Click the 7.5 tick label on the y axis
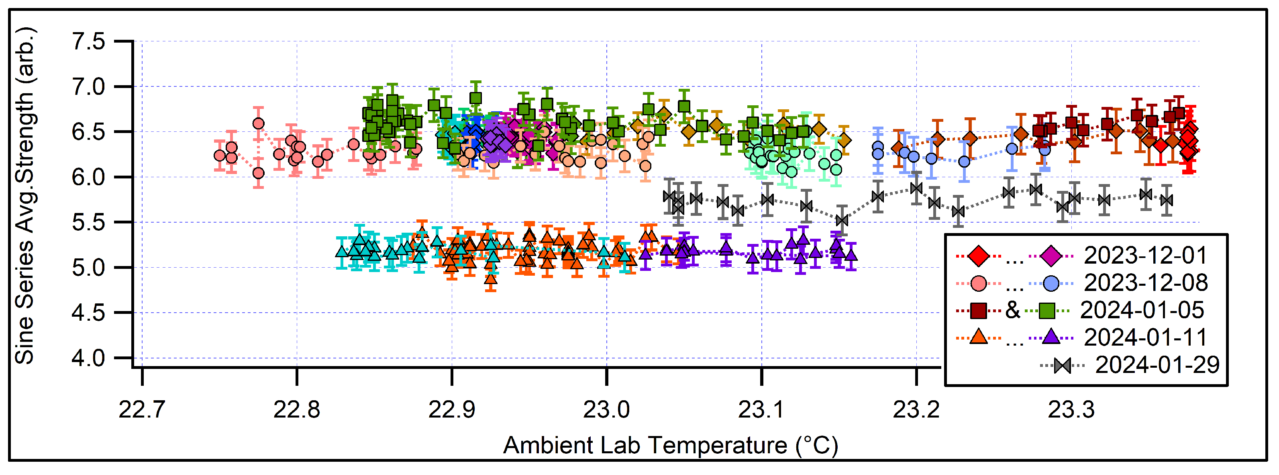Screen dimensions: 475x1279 (x=88, y=41)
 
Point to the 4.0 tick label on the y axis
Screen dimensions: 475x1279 (x=88, y=358)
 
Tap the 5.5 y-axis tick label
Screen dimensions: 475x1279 (x=88, y=223)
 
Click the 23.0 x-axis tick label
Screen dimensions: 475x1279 (x=606, y=410)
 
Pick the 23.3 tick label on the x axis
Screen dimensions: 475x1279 (x=1071, y=410)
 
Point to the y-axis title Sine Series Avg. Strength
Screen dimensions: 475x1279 (x=25, y=196)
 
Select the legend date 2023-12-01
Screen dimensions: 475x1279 (x=1145, y=256)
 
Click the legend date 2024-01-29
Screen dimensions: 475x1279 (x=1157, y=365)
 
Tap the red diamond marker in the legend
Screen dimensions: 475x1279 (x=979, y=256)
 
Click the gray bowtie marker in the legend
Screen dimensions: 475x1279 (x=1062, y=366)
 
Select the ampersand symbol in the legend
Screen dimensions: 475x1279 (x=1012, y=311)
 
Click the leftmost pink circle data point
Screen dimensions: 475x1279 (x=219, y=156)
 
